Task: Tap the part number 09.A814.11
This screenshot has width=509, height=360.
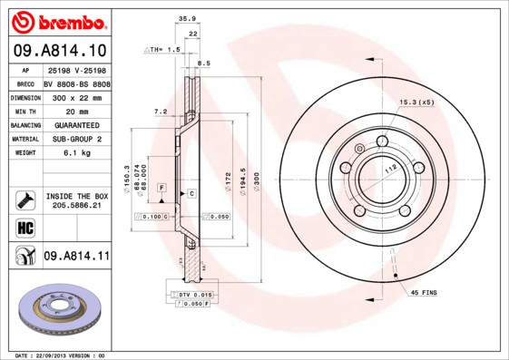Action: (x=76, y=257)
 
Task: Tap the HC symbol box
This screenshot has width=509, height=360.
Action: (x=25, y=226)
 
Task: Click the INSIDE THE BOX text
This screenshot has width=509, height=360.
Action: (x=76, y=196)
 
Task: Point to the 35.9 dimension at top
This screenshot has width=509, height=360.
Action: (x=188, y=17)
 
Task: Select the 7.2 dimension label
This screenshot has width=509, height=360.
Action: (x=161, y=112)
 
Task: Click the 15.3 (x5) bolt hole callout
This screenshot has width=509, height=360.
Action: (x=416, y=102)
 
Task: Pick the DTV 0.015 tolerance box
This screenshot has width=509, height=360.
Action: (x=195, y=295)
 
